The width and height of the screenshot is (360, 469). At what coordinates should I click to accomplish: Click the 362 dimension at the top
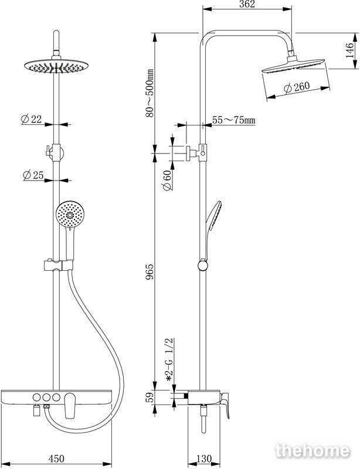pyautogui.click(x=247, y=4)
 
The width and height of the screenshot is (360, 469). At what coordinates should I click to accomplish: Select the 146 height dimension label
pyautogui.click(x=349, y=50)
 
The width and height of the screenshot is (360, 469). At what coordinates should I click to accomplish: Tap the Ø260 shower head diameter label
pyautogui.click(x=297, y=87)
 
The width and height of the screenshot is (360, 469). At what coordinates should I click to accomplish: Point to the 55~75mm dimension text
pyautogui.click(x=234, y=120)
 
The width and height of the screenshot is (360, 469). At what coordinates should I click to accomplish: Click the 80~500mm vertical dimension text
pyautogui.click(x=150, y=93)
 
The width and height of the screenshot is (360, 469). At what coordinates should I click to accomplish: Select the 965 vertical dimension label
pyautogui.click(x=150, y=271)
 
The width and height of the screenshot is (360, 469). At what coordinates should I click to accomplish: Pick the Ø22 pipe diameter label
pyautogui.click(x=31, y=119)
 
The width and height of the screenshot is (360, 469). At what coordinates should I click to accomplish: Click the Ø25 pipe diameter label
pyautogui.click(x=33, y=175)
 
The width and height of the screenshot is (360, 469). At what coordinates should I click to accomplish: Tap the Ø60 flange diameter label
pyautogui.click(x=167, y=181)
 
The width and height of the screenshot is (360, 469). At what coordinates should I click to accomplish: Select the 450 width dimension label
pyautogui.click(x=56, y=458)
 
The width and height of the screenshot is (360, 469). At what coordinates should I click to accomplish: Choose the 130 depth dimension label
pyautogui.click(x=204, y=458)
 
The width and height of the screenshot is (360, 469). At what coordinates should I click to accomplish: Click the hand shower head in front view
pyautogui.click(x=70, y=215)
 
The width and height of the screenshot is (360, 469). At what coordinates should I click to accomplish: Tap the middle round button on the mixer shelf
pyautogui.click(x=46, y=397)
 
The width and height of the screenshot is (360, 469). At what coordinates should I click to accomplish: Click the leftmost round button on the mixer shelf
pyautogui.click(x=36, y=397)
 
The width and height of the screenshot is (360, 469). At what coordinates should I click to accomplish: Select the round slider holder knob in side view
pyautogui.click(x=203, y=266)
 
